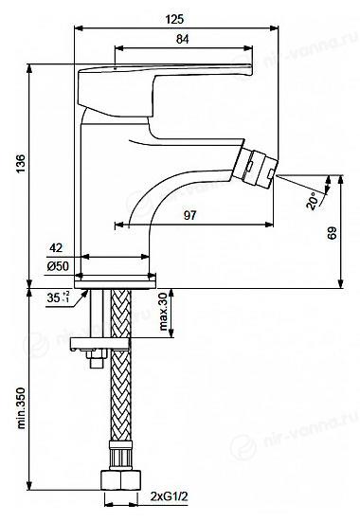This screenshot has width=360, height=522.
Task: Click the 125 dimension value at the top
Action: click(x=174, y=19)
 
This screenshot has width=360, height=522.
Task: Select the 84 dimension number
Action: click(x=183, y=39)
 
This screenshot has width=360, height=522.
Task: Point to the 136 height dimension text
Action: click(x=21, y=164)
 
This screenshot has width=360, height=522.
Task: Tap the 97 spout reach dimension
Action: click(x=189, y=215)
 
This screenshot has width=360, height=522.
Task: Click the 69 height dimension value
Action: click(x=332, y=233)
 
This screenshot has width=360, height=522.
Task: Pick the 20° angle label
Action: click(x=313, y=201)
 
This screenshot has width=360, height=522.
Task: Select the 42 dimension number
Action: click(x=56, y=247)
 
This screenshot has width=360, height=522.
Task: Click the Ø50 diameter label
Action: click(x=58, y=266)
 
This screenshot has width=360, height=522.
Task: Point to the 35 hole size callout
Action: click(x=58, y=297)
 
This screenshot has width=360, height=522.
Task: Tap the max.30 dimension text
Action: click(x=163, y=312)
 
